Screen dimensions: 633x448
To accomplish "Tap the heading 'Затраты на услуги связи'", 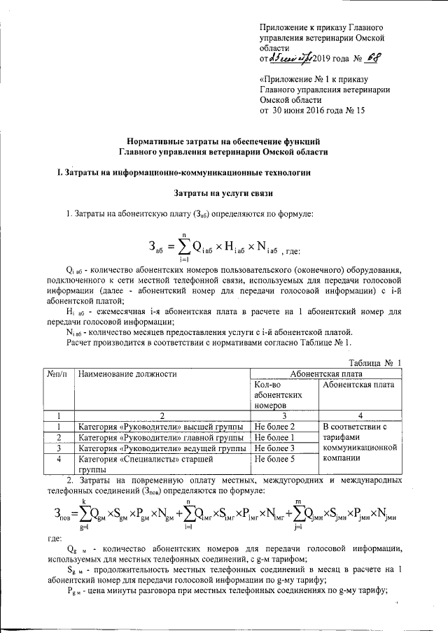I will (x=223, y=191).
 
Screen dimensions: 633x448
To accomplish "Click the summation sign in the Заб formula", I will (x=183, y=246).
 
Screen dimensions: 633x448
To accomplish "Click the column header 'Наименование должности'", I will (x=127, y=374).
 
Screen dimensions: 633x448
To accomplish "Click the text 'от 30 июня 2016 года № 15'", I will (x=312, y=111).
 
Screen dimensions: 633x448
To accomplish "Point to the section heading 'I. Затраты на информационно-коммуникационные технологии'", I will (x=178, y=171).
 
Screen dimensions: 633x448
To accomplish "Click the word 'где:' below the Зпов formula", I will (x=55, y=539).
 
